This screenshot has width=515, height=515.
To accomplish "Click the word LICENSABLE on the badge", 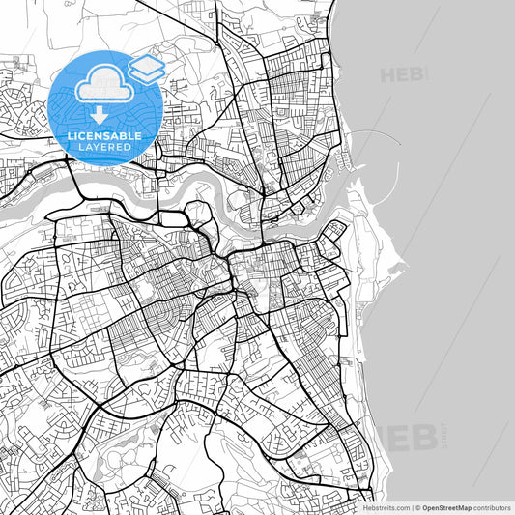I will pyautogui.click(x=104, y=136).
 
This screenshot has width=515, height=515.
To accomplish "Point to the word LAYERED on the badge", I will pyautogui.click(x=104, y=147).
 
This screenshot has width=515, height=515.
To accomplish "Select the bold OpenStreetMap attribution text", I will pyautogui.click(x=449, y=506).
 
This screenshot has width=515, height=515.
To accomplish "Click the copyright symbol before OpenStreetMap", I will pyautogui.click(x=417, y=506).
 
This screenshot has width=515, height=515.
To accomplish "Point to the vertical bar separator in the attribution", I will pyautogui.click(x=411, y=506).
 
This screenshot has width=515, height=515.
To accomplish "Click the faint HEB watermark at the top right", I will pyautogui.click(x=403, y=74).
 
